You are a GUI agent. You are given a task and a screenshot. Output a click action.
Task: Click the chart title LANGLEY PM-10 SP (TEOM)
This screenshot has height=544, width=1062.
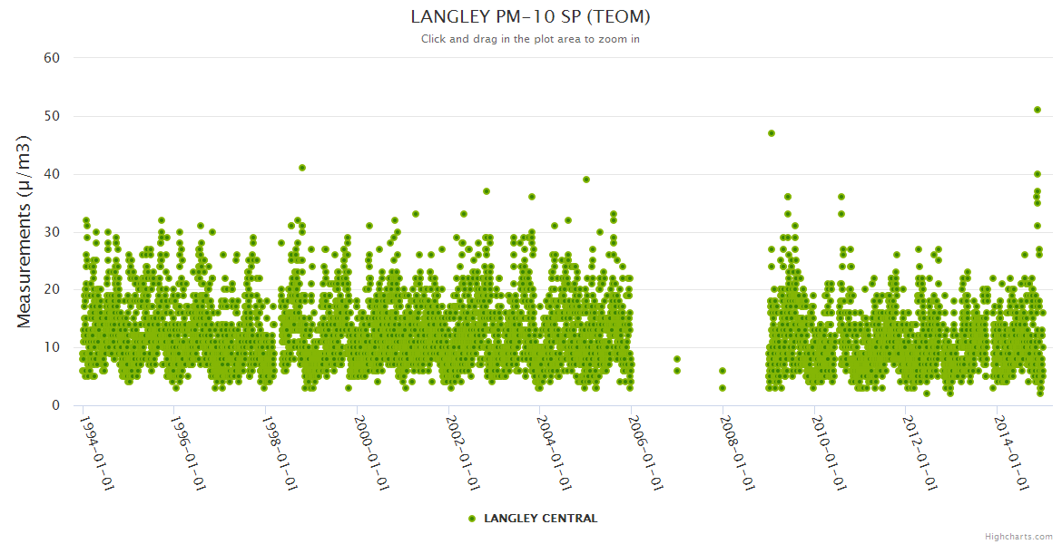coord(530,16)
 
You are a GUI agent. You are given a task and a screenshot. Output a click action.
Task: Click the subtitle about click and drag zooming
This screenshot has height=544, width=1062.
coord(530,39)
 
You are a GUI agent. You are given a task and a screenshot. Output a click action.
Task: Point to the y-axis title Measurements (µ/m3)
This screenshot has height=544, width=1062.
coord(25,232)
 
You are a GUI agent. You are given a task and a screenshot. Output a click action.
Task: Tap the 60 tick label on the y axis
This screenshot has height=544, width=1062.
coord(52,58)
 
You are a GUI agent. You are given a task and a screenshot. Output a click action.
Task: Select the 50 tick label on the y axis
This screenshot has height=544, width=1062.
coord(52,116)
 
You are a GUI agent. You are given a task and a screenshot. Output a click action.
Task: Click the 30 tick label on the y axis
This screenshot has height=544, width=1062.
coord(52,232)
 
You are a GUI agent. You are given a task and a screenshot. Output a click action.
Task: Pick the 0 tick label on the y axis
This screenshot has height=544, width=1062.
coord(55,405)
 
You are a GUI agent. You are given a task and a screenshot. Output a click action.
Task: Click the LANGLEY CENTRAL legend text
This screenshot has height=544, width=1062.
coord(540,519)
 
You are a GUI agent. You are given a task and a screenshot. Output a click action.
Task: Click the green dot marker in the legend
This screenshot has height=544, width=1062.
coord(471,519)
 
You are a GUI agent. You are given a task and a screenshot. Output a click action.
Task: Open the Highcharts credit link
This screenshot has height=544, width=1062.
coord(1018,536)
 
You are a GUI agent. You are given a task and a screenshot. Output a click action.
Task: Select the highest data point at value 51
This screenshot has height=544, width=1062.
coord(1037,110)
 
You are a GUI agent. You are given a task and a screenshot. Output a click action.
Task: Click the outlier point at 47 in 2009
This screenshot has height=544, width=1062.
coord(772,133)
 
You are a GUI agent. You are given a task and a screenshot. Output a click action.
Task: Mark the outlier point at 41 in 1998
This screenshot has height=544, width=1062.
coord(302,168)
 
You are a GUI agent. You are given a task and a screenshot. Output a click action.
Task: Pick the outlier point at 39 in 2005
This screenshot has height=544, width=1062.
coord(586,180)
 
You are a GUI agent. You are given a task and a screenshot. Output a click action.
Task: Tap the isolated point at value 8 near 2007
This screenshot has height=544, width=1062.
coord(676,359)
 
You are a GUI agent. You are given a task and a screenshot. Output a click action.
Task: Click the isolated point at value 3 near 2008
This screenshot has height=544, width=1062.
coord(723,388)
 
